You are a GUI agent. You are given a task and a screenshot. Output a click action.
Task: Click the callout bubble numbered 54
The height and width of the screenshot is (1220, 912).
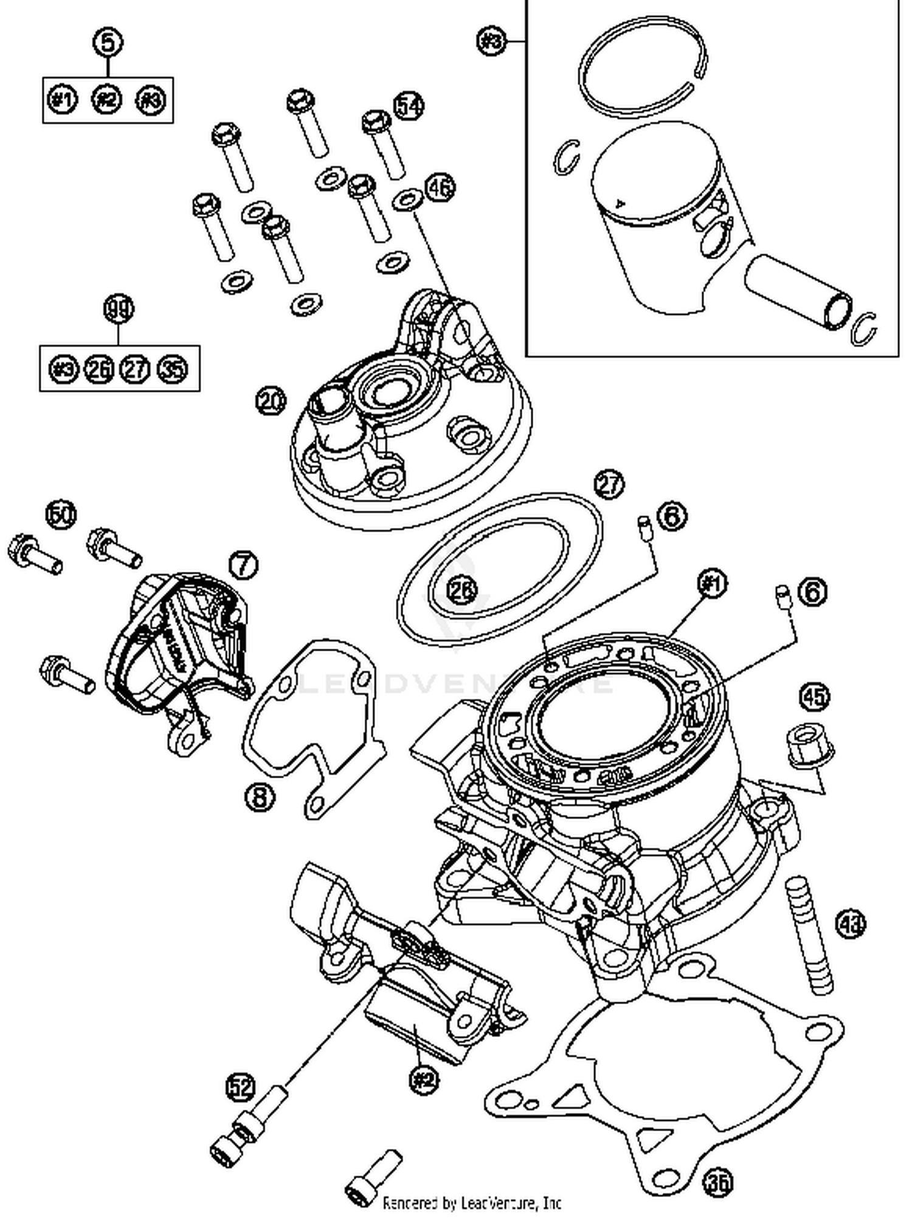tap(409, 106)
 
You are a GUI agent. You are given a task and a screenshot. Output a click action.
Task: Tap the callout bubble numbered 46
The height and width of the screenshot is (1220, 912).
tap(440, 188)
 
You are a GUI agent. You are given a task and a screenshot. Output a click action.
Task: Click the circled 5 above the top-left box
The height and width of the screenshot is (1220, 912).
tap(108, 43)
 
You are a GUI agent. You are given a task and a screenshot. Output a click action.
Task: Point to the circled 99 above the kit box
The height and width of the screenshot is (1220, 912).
tap(119, 309)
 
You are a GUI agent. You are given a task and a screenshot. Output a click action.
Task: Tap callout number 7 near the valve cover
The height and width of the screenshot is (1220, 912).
tap(243, 565)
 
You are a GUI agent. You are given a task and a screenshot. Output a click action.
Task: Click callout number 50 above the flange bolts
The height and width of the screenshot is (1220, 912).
tap(62, 515)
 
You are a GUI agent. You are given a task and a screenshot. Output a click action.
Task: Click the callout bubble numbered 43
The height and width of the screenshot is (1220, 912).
tap(851, 924)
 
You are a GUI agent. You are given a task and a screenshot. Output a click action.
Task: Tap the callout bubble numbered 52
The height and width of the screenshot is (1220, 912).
tap(241, 1087)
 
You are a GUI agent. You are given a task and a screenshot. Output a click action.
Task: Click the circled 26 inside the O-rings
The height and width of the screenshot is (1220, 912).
tap(463, 589)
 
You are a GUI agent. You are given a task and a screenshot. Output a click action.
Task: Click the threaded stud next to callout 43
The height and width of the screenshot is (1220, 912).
tap(809, 937)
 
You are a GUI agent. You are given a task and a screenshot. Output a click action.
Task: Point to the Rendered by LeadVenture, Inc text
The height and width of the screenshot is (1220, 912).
tap(471, 1203)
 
